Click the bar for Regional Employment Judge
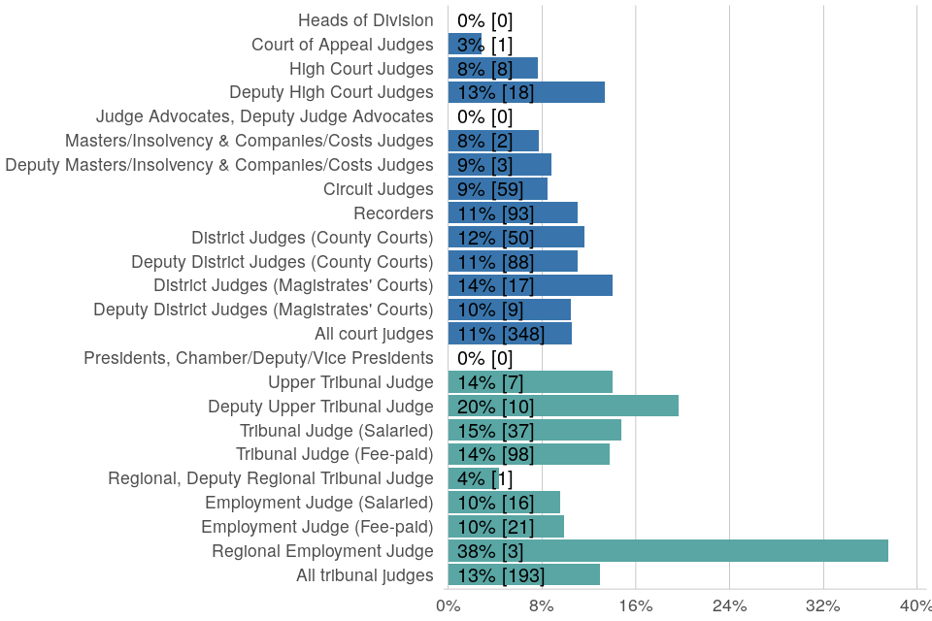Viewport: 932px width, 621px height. point(668,551)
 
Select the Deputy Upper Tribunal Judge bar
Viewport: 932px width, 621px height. point(563,406)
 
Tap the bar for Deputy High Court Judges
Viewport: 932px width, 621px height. point(526,92)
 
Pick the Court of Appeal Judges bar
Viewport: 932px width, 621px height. point(465,44)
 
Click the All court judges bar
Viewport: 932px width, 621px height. point(510,334)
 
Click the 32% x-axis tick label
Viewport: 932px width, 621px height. point(823,606)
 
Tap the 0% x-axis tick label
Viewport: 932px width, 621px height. point(448,606)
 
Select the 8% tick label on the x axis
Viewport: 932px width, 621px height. point(542,606)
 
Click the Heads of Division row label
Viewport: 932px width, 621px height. point(365,20)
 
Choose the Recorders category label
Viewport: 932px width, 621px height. point(393,213)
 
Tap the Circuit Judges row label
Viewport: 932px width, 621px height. point(378,189)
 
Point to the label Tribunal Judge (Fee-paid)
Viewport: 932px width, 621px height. point(335,454)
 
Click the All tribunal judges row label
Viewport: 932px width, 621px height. point(364,575)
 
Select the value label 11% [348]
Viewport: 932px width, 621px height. point(501,334)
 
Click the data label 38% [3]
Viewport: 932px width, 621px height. point(484,551)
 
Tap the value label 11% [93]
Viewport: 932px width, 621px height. point(495,213)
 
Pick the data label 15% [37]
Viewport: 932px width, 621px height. point(495,430)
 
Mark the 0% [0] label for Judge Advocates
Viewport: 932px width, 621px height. point(484,116)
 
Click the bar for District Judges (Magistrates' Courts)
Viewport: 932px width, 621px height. point(530,285)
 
